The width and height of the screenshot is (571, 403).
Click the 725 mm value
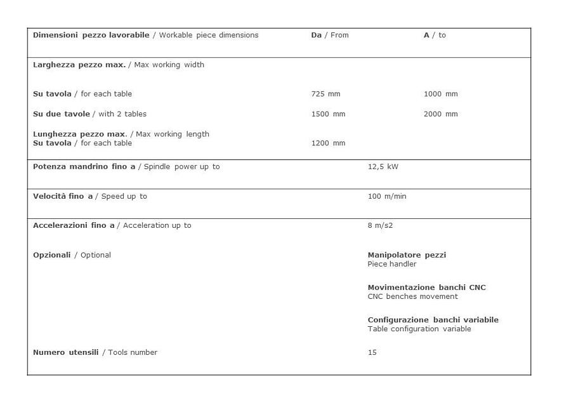325,94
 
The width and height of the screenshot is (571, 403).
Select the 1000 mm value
440,94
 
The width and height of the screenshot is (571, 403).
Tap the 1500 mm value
328,114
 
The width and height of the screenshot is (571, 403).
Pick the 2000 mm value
440,114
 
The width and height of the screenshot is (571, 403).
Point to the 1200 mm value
328,143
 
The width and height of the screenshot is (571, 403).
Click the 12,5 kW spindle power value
383,167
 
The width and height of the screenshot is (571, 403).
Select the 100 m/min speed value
387,197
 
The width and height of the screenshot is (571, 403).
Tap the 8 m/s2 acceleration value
381,226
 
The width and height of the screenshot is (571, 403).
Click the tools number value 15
372,353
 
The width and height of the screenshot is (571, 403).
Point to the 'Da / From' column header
330,36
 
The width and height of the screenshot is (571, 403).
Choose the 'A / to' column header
435,36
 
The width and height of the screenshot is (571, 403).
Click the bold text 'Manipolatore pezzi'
407,255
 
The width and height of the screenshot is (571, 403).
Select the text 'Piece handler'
392,265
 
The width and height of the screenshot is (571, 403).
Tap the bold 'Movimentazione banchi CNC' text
426,287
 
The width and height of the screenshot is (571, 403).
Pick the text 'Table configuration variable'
419,329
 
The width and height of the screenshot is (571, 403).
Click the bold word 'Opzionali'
52,255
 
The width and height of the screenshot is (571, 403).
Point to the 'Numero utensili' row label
66,353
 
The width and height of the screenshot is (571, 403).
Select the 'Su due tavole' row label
62,114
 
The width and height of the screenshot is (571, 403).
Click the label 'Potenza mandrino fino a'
84,167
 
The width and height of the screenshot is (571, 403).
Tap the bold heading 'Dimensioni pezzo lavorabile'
91,36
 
